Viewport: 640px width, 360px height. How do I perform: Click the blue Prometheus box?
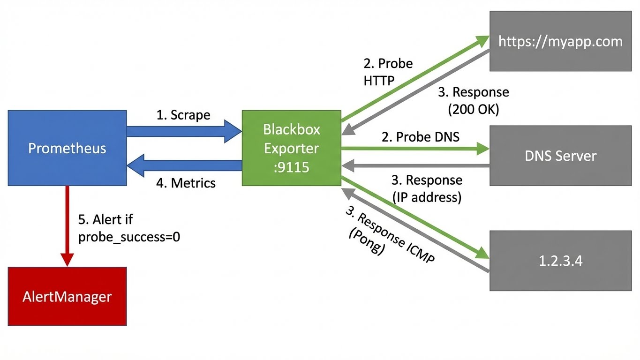67,148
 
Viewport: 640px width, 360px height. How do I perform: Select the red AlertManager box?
67,296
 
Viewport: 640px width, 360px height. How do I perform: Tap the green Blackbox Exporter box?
291,148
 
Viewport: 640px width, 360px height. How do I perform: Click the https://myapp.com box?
560,41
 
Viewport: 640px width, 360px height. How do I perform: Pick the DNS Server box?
560,156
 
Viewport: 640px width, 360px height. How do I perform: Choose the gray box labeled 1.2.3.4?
560,261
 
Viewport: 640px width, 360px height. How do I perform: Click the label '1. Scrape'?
183,115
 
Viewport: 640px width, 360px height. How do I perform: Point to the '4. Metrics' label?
186,183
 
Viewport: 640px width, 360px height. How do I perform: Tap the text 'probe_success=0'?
129,237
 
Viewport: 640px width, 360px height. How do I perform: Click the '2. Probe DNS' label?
421,137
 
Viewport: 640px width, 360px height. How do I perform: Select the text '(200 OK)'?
474,110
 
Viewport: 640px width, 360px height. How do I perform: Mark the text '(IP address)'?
427,197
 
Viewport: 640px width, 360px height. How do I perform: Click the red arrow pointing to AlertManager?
67,225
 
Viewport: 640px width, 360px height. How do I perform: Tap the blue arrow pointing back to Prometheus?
183,165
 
